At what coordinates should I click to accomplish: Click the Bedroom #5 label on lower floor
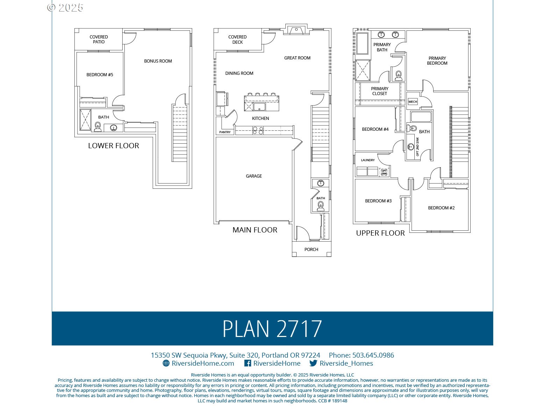click(100, 74)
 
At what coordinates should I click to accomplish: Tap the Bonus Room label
click(158, 61)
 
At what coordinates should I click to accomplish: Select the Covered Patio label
click(99, 39)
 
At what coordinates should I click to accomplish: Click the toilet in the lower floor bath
click(98, 127)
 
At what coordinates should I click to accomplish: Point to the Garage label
click(254, 176)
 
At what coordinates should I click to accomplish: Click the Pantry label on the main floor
click(225, 132)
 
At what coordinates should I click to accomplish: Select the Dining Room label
click(239, 73)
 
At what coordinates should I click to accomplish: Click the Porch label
click(311, 249)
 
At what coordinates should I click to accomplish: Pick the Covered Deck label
click(237, 39)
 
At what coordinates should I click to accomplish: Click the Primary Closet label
click(379, 91)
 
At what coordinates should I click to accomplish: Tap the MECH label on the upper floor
click(413, 102)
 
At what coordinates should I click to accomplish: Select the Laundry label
click(368, 160)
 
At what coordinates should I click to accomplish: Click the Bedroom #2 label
click(441, 208)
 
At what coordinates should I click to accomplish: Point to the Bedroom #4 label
click(375, 129)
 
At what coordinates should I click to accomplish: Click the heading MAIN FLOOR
click(255, 230)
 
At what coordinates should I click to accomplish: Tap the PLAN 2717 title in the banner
click(272, 329)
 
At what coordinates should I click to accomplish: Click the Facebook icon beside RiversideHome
click(247, 363)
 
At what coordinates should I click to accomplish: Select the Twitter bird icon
click(313, 363)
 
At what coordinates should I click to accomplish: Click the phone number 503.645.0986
click(373, 355)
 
